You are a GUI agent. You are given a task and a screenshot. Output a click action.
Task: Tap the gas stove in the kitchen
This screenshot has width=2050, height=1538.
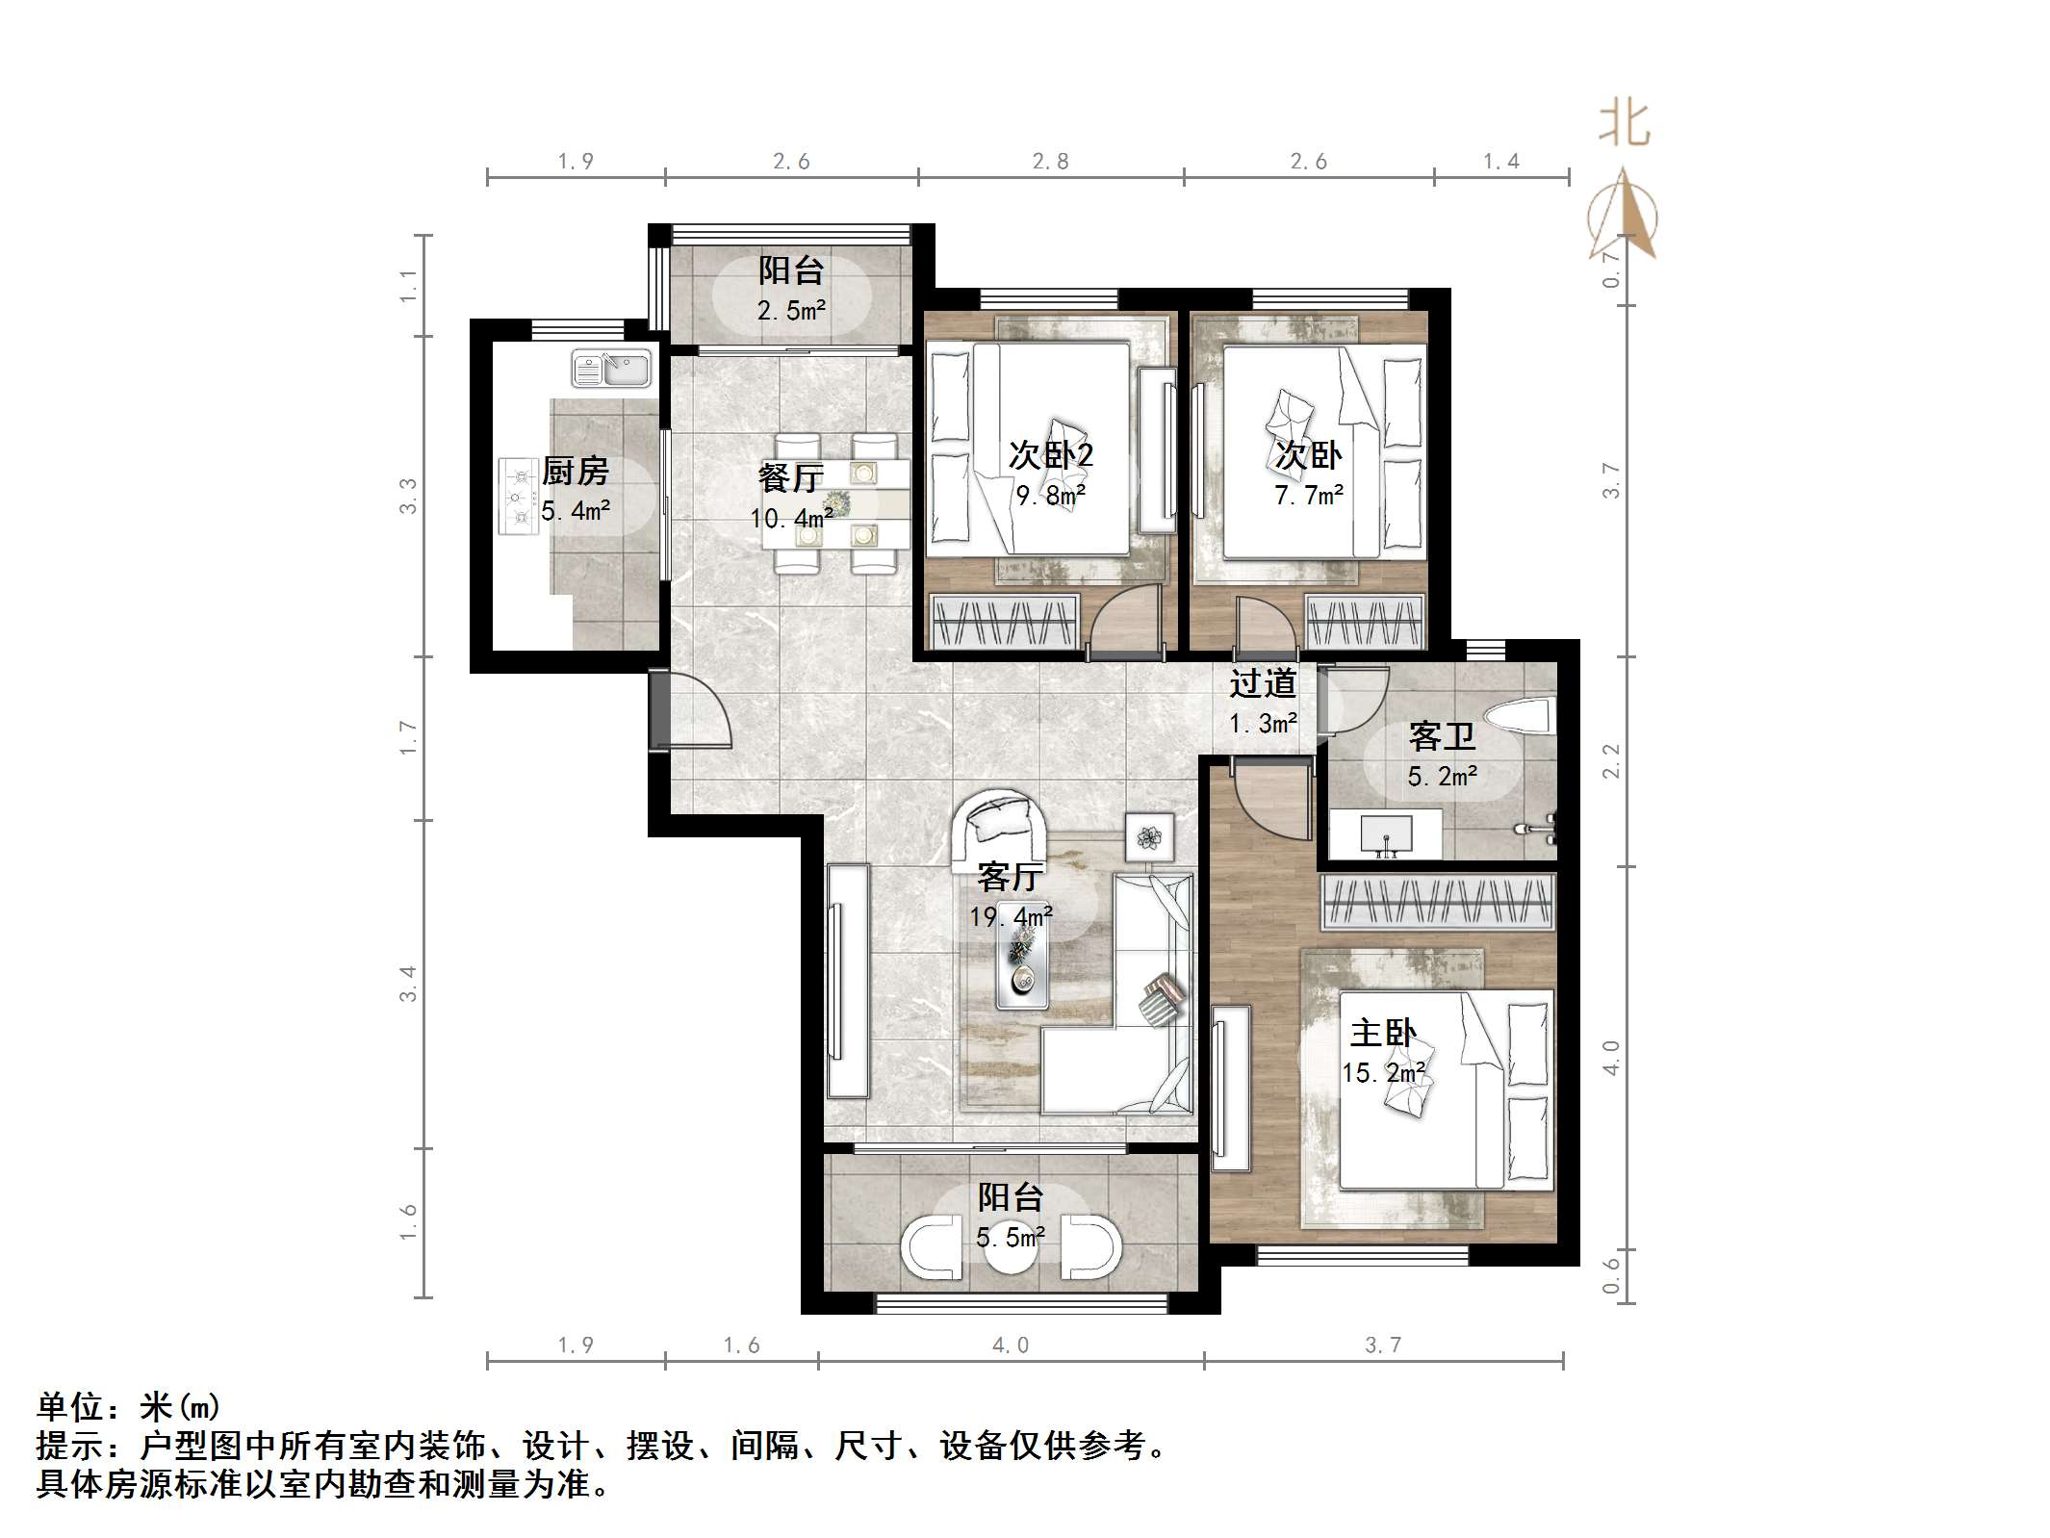[x=518, y=497]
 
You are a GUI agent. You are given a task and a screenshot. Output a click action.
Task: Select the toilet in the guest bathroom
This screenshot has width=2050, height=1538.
[x=1520, y=718]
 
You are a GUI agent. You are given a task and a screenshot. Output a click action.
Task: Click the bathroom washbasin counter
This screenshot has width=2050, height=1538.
[x=1385, y=833]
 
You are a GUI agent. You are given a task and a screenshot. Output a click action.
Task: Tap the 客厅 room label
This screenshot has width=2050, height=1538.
[x=1009, y=877]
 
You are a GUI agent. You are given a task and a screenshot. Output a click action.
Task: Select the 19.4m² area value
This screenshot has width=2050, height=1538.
[x=1011, y=916]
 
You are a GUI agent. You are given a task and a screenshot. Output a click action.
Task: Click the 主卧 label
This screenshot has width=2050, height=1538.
[x=1382, y=1034]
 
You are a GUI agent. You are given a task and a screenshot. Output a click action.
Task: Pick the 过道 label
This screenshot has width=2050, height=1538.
[x=1262, y=683]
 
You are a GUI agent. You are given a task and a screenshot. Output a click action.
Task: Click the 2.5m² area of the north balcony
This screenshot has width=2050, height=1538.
[x=791, y=311]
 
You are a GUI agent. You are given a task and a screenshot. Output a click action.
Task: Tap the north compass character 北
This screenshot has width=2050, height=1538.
[x=1624, y=125]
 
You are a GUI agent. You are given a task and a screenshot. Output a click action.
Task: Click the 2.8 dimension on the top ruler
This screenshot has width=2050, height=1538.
[x=1050, y=162]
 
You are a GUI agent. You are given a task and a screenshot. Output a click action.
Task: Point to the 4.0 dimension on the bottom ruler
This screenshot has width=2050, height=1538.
[x=1011, y=1346]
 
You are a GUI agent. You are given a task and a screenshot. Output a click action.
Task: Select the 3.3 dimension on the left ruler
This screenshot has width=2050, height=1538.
[x=408, y=496]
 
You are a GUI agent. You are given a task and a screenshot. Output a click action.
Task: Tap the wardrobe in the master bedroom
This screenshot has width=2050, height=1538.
[x=1437, y=902]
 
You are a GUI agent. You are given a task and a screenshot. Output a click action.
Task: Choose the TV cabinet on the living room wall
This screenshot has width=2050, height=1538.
[x=848, y=981]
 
